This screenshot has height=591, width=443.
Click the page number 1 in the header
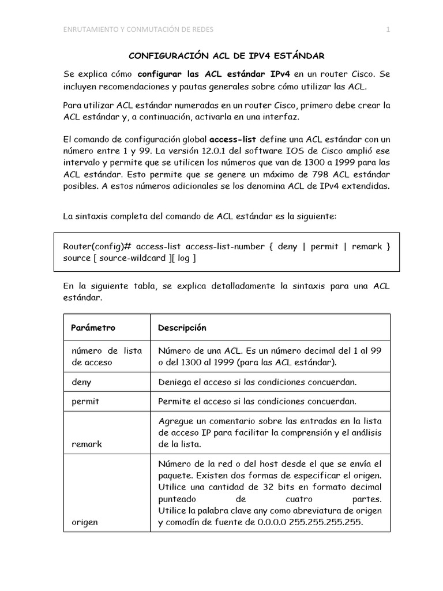[388, 31]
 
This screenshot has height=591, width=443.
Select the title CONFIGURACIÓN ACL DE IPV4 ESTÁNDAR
[226, 56]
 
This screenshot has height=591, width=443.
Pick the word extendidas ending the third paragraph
[363, 186]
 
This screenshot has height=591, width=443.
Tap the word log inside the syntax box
[183, 259]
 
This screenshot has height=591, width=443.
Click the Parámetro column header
[93, 327]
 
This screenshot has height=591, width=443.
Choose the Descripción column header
[182, 327]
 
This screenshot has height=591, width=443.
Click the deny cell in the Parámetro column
[81, 381]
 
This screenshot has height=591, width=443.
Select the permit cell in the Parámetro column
[85, 401]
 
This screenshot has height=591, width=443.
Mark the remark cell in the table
[87, 444]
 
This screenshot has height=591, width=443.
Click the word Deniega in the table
[175, 381]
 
